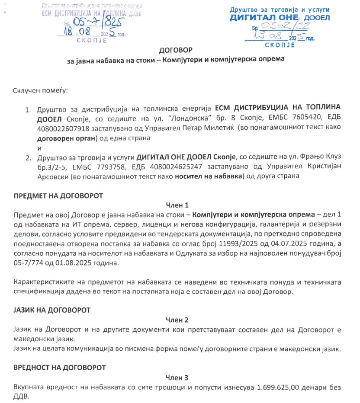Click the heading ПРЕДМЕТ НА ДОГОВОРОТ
(58, 195)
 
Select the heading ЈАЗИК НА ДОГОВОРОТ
(52, 310)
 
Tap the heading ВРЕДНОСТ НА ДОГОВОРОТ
(60, 368)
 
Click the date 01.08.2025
(91, 262)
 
